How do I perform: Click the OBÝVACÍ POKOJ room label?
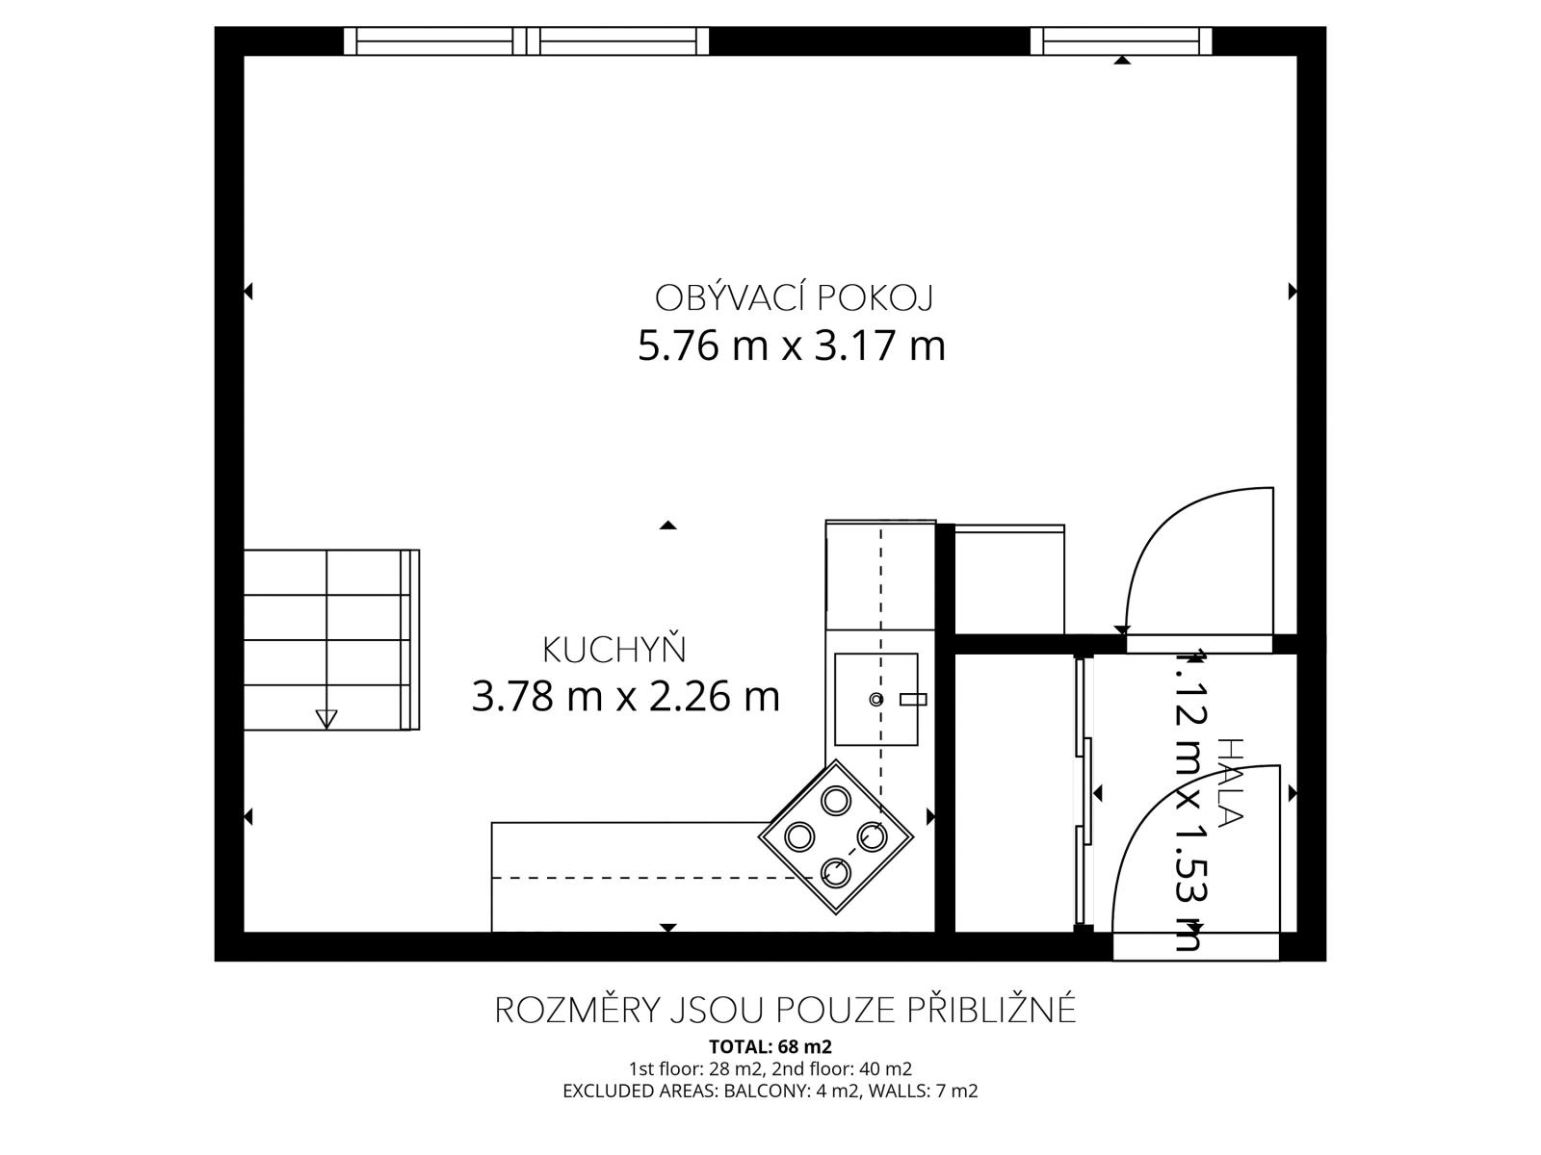pyautogui.click(x=794, y=297)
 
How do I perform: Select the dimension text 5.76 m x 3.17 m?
pyautogui.click(x=792, y=346)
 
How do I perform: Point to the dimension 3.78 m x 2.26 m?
pyautogui.click(x=625, y=696)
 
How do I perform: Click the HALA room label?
pyautogui.click(x=1230, y=782)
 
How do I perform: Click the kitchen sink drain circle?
pyautogui.click(x=876, y=699)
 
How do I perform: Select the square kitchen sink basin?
pyautogui.click(x=876, y=699)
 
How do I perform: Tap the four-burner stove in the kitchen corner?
pyautogui.click(x=835, y=836)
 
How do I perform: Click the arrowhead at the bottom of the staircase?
pyautogui.click(x=326, y=719)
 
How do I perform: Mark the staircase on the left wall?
pyautogui.click(x=331, y=639)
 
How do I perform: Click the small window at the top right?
pyautogui.click(x=1121, y=40)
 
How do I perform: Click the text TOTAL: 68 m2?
pyautogui.click(x=770, y=1047)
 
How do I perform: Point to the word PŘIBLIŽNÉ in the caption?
pyautogui.click(x=991, y=1010)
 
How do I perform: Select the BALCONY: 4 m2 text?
pyautogui.click(x=792, y=1091)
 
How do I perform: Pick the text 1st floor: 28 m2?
pyautogui.click(x=694, y=1069)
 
